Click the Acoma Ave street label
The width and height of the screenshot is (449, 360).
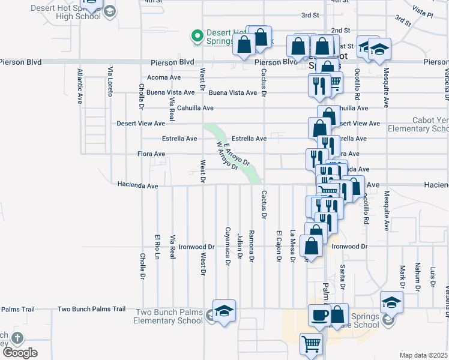tap(164, 77)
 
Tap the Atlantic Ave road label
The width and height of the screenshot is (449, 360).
tap(79, 86)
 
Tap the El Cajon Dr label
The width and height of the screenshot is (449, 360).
tap(279, 246)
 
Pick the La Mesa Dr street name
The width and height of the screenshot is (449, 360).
tap(292, 247)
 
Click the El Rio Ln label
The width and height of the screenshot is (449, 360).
tap(157, 247)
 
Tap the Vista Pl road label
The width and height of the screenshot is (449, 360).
tap(423, 11)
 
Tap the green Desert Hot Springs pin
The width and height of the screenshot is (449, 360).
tap(196, 37)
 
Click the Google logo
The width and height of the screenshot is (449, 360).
tap(20, 353)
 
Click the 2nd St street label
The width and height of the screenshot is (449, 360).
tap(340, 30)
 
